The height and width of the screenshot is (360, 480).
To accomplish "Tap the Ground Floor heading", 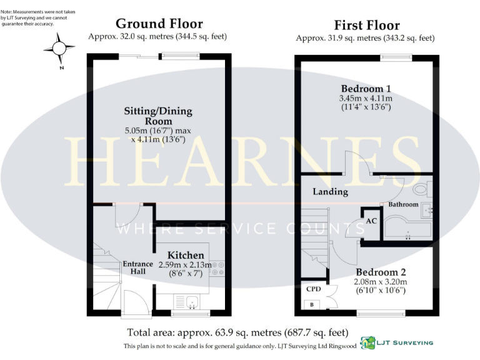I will (x=159, y=24).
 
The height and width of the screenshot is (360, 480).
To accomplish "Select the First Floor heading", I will (x=366, y=25).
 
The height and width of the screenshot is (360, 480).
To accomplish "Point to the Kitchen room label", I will (x=186, y=255).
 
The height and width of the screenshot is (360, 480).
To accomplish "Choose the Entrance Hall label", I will (x=137, y=267).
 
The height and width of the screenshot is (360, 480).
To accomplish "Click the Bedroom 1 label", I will (x=366, y=87).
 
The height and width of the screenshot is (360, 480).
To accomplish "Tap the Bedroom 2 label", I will (x=381, y=272).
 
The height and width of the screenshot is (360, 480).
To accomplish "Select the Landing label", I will (x=330, y=192).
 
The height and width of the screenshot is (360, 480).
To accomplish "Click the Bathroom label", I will (x=403, y=204).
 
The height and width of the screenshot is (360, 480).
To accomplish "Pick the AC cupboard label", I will (x=371, y=221).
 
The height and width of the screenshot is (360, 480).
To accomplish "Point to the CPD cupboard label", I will (x=313, y=289).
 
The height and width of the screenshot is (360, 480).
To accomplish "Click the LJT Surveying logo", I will (x=397, y=343).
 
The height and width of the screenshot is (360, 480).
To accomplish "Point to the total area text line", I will (x=237, y=332).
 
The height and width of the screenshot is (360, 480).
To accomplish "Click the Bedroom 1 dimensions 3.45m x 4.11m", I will (x=366, y=99).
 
